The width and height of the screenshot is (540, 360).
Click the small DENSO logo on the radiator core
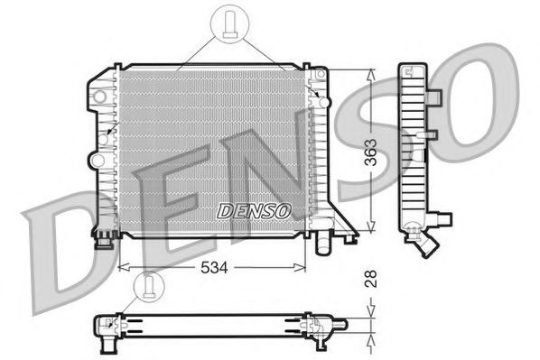click(x=254, y=211)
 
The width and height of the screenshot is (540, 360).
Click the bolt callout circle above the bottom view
click(x=144, y=287)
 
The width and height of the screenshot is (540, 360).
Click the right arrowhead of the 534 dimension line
click(x=304, y=268)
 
